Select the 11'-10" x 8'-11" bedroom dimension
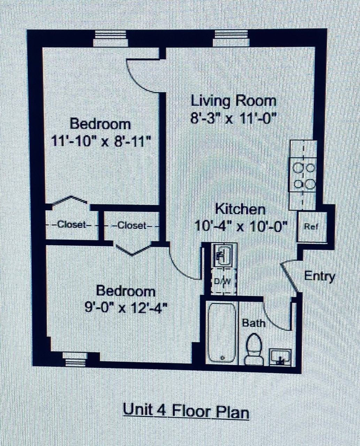(x=101, y=141)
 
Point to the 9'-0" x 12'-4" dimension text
(x=126, y=307)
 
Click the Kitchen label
(x=240, y=209)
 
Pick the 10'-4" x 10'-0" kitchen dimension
(x=240, y=226)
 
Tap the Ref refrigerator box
(x=312, y=227)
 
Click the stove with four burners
(x=303, y=175)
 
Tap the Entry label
(x=319, y=277)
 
